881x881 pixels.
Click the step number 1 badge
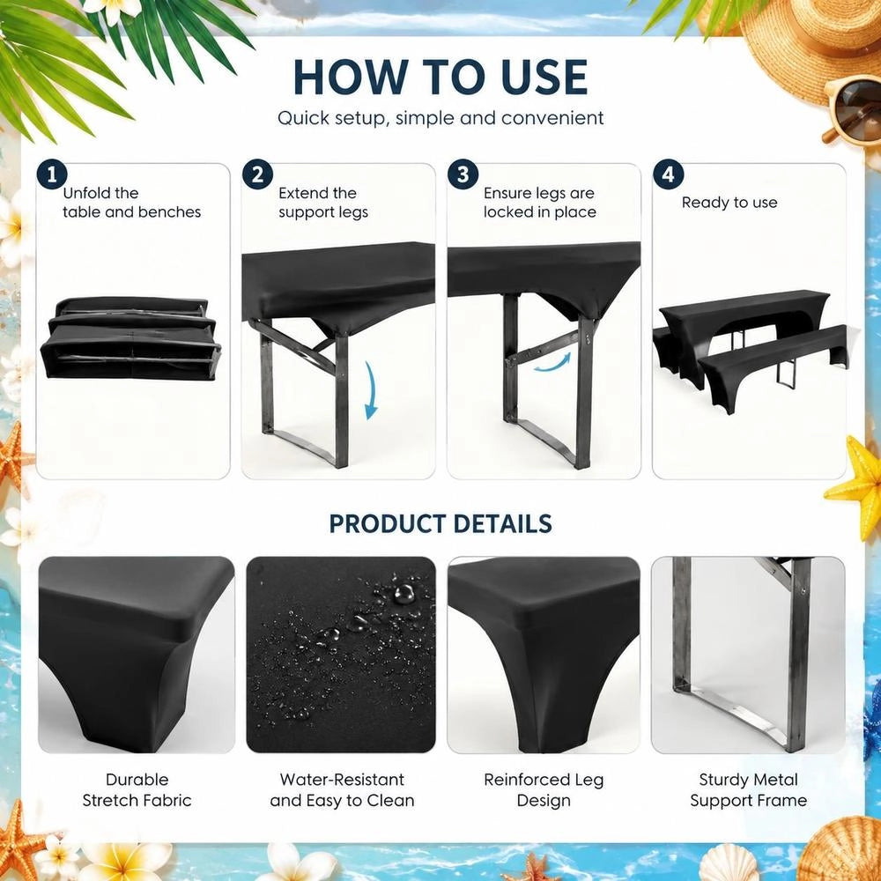coord(52,174)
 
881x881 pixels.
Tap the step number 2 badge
coord(258,174)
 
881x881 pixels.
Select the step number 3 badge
coord(463,174)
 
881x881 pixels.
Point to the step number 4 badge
coord(668,174)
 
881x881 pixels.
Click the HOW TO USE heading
coord(440,77)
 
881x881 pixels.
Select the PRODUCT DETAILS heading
coord(440,523)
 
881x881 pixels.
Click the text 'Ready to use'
coord(729,203)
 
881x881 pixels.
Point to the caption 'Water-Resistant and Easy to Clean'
coord(342,789)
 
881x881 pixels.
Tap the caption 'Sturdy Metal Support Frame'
coord(748,789)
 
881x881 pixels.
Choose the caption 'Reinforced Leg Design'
coord(544,789)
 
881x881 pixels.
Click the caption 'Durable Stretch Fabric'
coord(137,789)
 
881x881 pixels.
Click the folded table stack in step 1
coord(131,338)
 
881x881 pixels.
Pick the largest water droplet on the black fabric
coord(403,593)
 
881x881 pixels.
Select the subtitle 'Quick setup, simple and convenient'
coord(440,118)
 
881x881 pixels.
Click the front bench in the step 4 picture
coord(773,366)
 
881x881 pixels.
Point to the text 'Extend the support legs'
coord(323,203)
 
